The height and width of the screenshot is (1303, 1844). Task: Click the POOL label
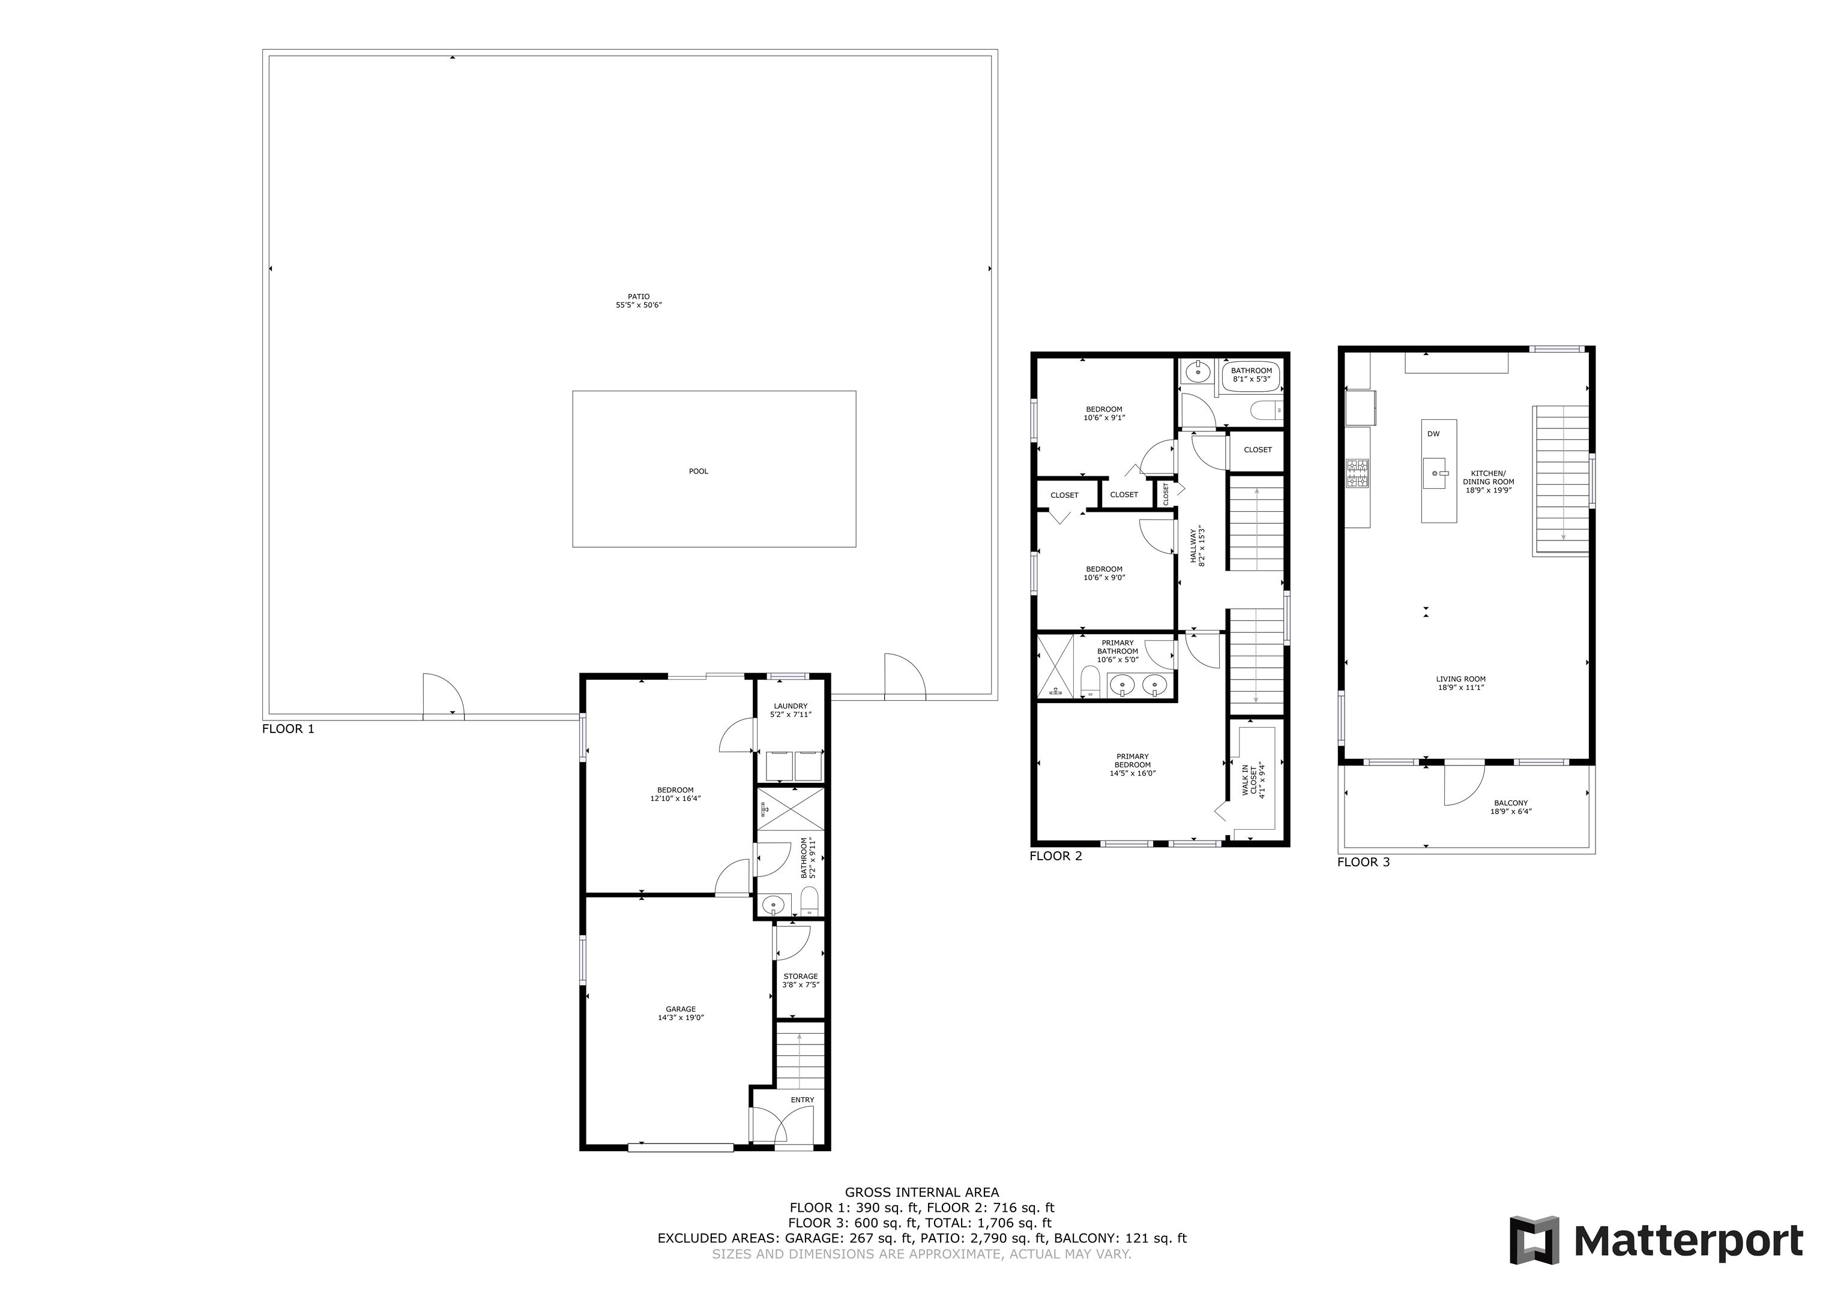pos(698,472)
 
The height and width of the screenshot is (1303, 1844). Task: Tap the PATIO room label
pos(639,296)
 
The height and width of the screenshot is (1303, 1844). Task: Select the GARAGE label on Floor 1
pos(680,1009)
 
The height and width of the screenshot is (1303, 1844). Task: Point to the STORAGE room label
pos(801,976)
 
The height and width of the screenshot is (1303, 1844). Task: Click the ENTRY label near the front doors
pos(803,1100)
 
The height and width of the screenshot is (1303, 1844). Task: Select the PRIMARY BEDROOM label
pos(1133,760)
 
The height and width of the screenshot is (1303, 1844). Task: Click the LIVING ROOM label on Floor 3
pos(1461,679)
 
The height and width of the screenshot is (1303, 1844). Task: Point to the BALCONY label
pos(1511,803)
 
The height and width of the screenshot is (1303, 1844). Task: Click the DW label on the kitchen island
pos(1433,434)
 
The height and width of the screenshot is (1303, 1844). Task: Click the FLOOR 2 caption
pos(1055,856)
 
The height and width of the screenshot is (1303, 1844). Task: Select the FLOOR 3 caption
pos(1363,862)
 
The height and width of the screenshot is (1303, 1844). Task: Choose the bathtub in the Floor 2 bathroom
pos(1250,375)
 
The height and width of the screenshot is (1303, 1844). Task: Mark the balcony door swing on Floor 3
pos(1463,783)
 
